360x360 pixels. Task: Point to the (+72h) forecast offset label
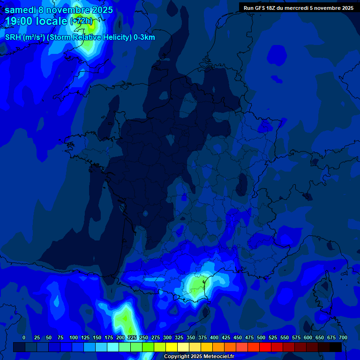tap(81, 21)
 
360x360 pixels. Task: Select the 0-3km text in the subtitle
tap(144, 37)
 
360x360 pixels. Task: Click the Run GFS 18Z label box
tap(299, 7)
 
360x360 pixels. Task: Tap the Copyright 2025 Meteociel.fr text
tap(199, 356)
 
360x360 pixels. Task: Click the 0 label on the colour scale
tap(24, 337)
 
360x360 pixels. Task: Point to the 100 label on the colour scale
tap(74, 337)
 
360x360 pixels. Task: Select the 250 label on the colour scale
tap(144, 337)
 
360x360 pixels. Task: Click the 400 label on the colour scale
tap(214, 337)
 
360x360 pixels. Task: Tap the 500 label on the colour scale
tap(261, 337)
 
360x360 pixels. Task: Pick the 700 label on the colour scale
tap(343, 337)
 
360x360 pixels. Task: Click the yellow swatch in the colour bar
tap(172, 347)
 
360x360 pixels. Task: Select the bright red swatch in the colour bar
tap(265, 347)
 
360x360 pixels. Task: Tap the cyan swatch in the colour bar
tap(113, 347)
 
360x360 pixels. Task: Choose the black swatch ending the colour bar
tap(336, 347)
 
